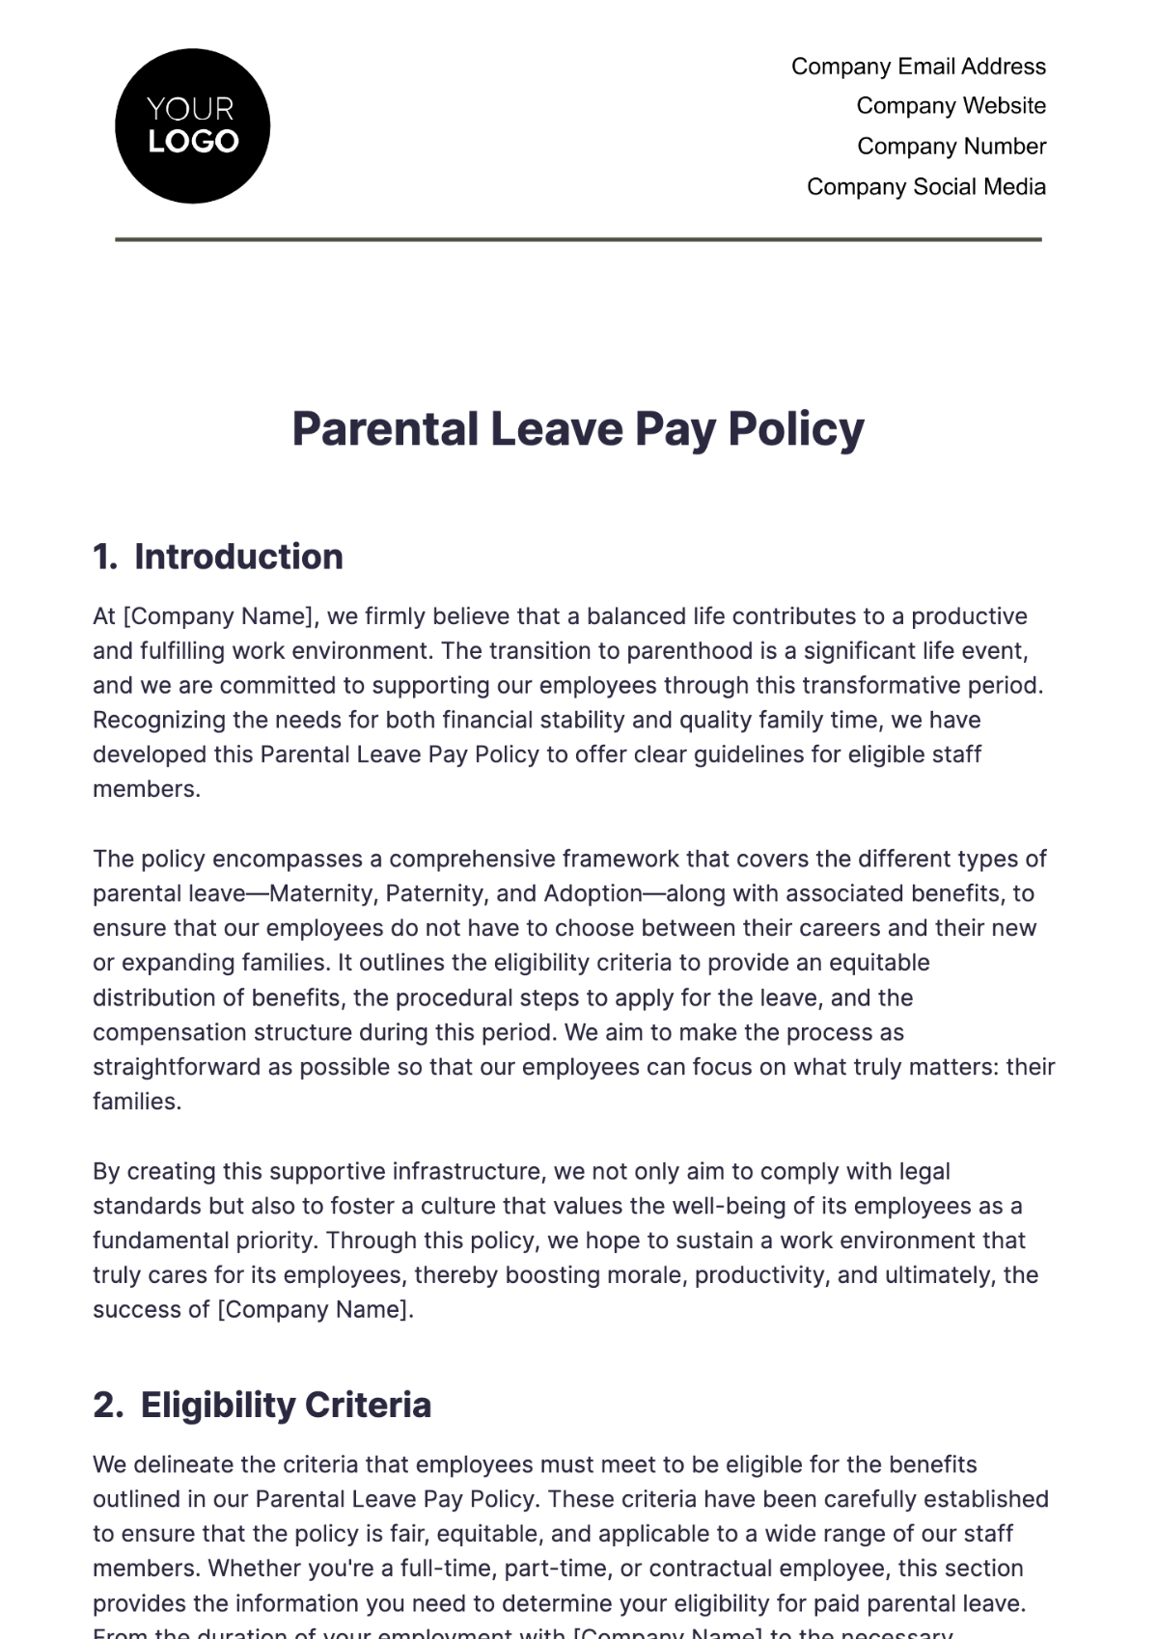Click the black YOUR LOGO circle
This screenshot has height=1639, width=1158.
click(x=192, y=125)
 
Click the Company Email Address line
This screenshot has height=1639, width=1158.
click(x=918, y=67)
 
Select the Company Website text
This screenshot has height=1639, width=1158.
click(x=951, y=106)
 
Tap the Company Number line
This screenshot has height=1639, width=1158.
click(x=951, y=147)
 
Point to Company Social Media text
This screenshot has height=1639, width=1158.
click(x=925, y=187)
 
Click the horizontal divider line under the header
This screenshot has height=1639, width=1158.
click(x=578, y=239)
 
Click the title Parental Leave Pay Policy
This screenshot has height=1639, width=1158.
click(x=578, y=429)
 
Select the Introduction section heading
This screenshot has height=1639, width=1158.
click(x=238, y=557)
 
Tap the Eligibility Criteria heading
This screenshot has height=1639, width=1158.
click(x=286, y=1405)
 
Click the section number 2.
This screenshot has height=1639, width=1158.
click(x=106, y=1405)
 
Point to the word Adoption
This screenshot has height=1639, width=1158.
click(x=593, y=893)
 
